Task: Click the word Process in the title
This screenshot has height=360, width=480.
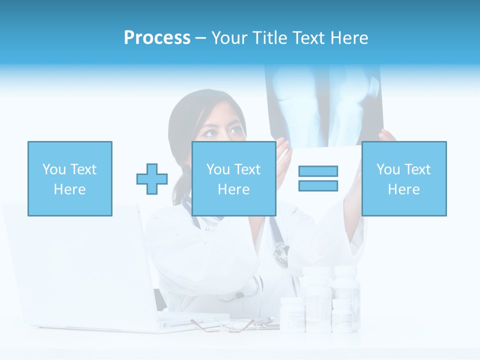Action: (157, 38)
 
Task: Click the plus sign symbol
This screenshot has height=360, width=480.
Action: (152, 178)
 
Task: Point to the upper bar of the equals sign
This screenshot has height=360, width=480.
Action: (318, 171)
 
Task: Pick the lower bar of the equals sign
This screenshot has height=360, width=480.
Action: (318, 185)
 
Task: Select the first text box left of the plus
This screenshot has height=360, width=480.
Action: (70, 178)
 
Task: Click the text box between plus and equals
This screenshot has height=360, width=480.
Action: (234, 178)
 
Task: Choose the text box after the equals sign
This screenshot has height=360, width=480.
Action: (404, 178)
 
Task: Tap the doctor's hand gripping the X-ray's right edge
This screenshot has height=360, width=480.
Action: (386, 136)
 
